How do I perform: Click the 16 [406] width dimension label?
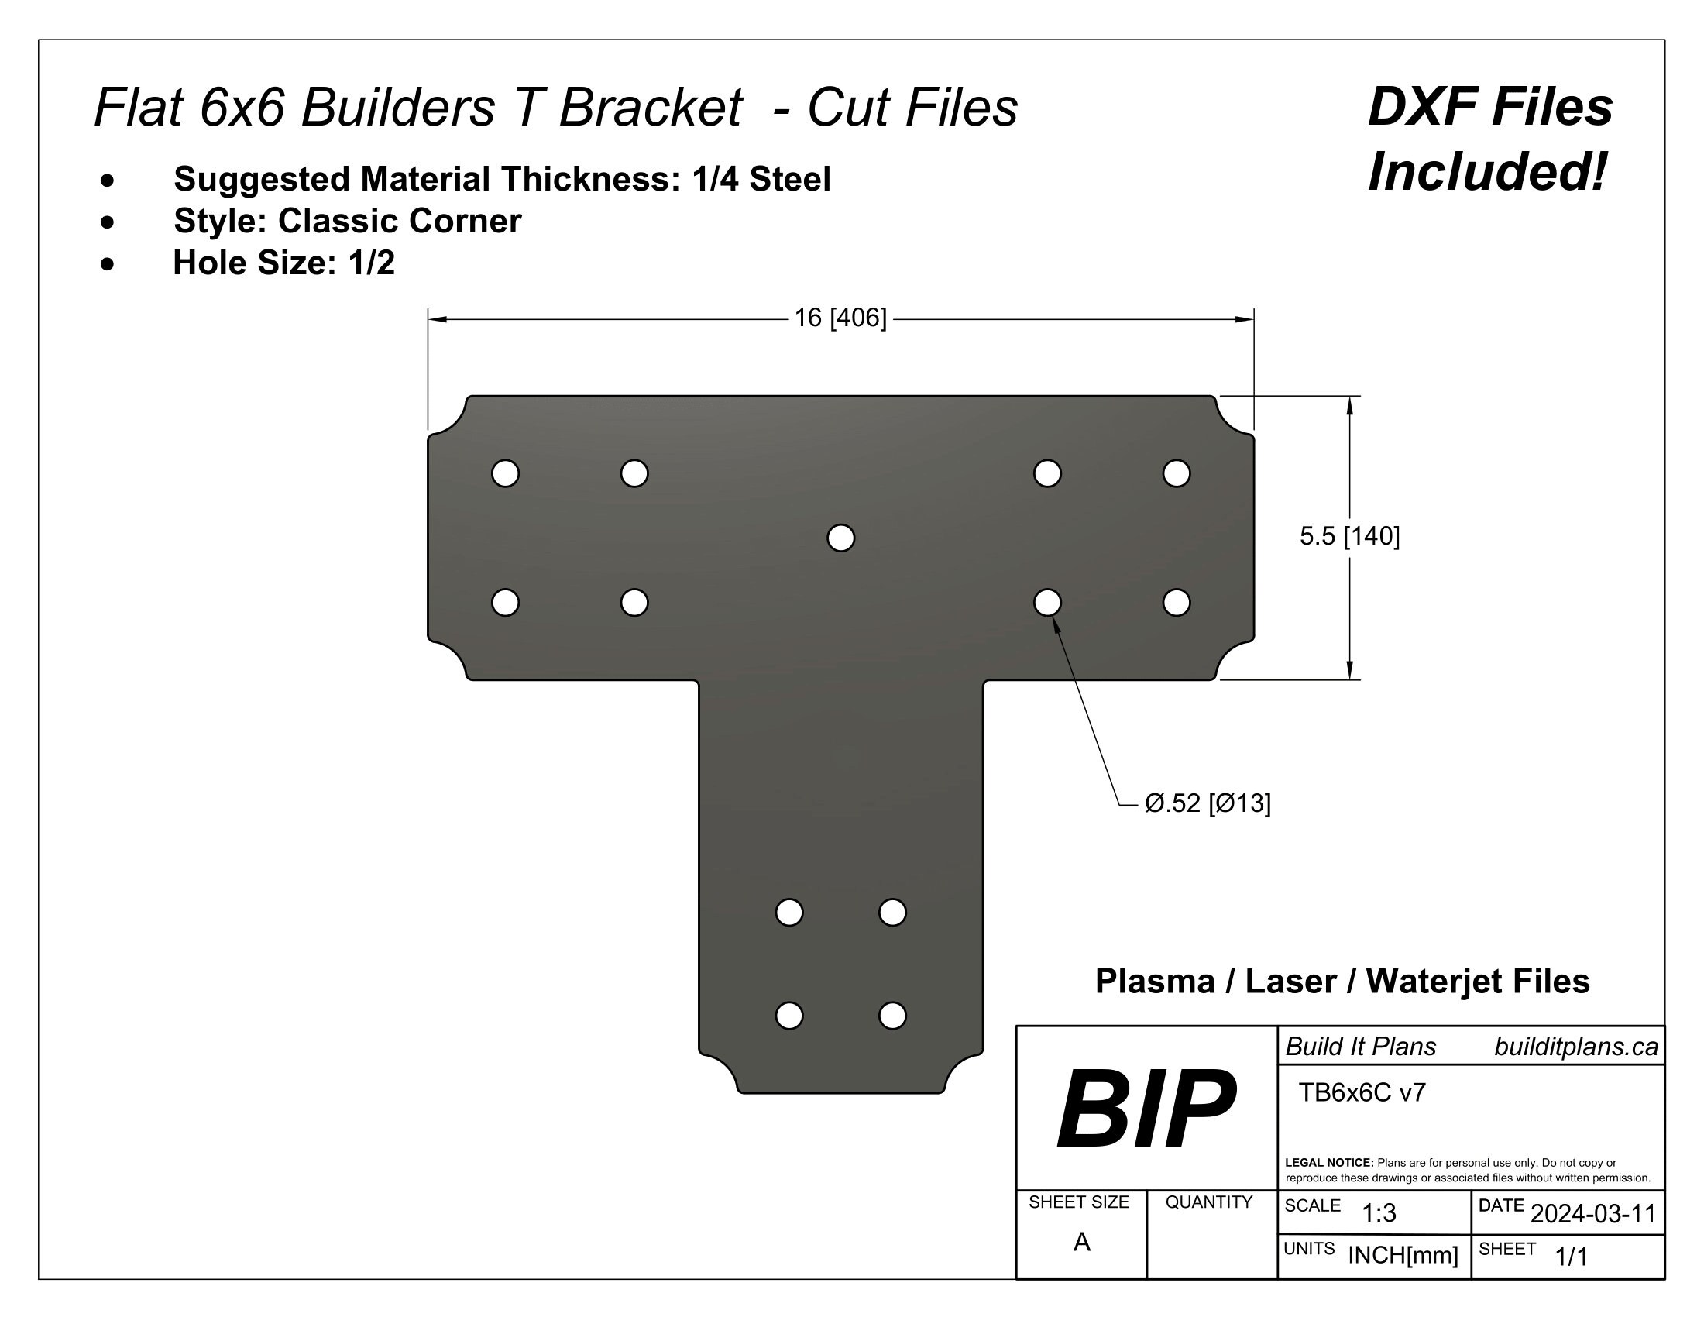(840, 318)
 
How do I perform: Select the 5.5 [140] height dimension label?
(1349, 536)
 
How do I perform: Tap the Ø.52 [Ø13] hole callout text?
(1207, 803)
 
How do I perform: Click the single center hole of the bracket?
(840, 538)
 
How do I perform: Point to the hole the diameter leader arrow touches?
(1047, 602)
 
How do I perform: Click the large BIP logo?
(1146, 1109)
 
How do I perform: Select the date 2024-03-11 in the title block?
(1592, 1214)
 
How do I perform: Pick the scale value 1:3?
(1379, 1213)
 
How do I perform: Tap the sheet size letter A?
(1081, 1242)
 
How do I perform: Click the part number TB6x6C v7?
(1362, 1093)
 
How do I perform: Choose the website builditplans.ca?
(1575, 1047)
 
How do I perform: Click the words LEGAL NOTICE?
(1328, 1163)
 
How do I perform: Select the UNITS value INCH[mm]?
(1403, 1255)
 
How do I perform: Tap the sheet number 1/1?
(1572, 1256)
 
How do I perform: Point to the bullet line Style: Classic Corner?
(347, 222)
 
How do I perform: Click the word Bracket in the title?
(650, 107)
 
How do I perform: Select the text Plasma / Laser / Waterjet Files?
(1342, 982)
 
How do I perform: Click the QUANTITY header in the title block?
(1208, 1202)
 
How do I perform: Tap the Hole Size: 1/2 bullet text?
(284, 263)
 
